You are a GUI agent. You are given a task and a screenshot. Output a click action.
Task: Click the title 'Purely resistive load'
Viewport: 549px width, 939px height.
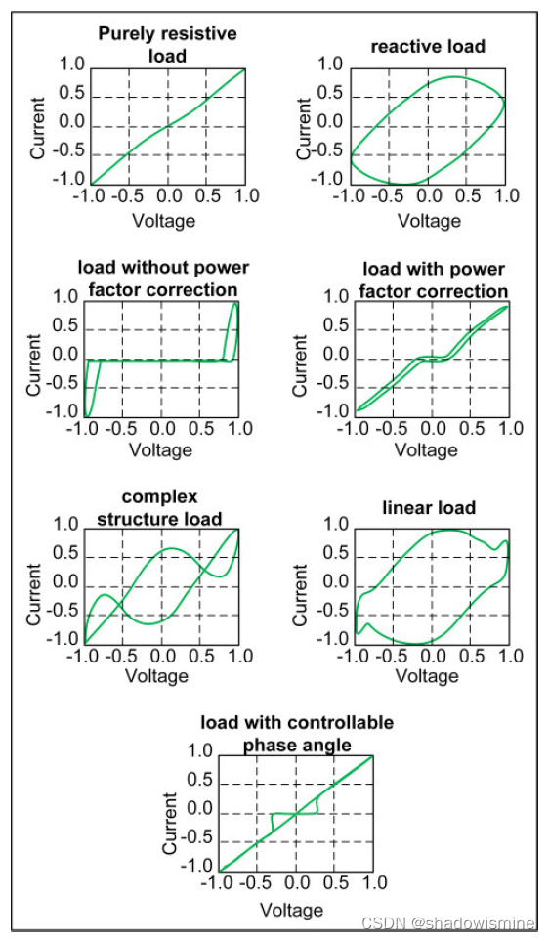click(x=167, y=44)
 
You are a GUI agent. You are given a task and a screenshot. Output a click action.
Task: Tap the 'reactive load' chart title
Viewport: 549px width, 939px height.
click(x=428, y=46)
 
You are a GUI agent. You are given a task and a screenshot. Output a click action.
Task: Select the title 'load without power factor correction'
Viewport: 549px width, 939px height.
click(x=164, y=278)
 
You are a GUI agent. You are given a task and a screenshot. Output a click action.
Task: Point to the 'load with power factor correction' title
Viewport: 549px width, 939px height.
click(x=434, y=280)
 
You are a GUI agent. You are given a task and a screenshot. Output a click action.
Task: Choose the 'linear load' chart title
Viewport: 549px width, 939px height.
click(x=430, y=507)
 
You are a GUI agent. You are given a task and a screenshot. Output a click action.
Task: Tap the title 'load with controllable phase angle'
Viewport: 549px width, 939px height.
click(x=297, y=734)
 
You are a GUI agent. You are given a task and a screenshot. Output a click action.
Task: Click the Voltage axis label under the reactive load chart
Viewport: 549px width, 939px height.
click(x=429, y=220)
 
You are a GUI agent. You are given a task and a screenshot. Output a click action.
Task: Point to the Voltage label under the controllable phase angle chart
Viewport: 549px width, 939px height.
click(x=292, y=910)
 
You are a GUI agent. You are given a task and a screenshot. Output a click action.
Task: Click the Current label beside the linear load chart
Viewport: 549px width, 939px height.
click(x=300, y=582)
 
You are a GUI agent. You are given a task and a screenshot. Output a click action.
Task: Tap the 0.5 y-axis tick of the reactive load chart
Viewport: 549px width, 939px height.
click(x=331, y=94)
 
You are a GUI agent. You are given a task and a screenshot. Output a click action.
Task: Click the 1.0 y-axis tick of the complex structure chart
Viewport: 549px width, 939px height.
click(x=65, y=524)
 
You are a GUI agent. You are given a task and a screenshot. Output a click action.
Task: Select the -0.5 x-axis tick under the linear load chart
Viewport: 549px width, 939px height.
click(x=389, y=656)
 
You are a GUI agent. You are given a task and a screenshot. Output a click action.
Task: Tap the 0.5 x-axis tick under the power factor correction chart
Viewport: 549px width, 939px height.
click(x=470, y=428)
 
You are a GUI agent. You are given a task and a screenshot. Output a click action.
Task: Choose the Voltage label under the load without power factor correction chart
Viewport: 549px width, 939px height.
click(x=161, y=449)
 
